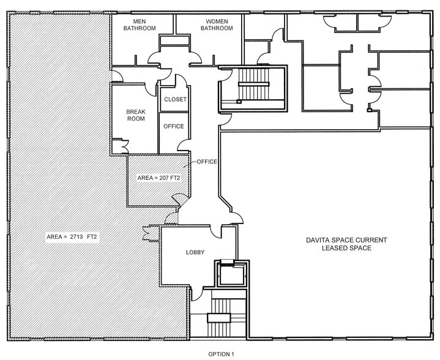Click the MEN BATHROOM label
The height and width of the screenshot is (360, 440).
(140, 24)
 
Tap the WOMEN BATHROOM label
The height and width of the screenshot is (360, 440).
(217, 24)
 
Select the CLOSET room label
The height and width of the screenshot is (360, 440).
(176, 99)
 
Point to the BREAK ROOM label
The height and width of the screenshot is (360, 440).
(136, 115)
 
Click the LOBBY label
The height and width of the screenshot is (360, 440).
(195, 252)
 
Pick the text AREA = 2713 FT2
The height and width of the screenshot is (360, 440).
(72, 237)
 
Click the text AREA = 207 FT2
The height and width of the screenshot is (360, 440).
(159, 178)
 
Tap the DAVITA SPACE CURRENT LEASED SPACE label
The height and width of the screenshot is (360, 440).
(346, 244)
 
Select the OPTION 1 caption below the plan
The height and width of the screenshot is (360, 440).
(221, 354)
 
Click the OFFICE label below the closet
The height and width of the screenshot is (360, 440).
(174, 126)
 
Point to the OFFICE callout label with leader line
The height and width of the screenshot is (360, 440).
(207, 162)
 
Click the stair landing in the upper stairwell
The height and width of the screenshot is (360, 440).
(254, 84)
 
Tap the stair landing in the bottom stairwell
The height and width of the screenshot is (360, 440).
(219, 318)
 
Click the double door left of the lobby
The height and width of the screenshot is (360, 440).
(147, 233)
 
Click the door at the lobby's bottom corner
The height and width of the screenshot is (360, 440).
(196, 294)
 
